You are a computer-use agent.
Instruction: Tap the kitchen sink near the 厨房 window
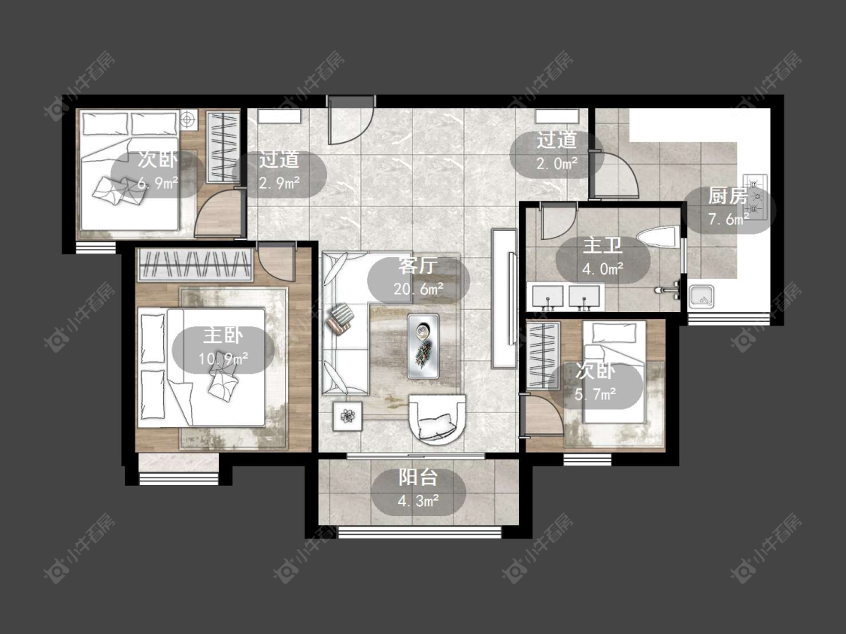tap(702, 297)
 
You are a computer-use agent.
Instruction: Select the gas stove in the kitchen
tap(755, 197)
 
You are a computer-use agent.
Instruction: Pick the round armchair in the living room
tap(437, 419)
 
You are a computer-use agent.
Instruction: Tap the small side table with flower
tap(347, 416)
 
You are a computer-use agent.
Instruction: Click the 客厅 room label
tap(417, 266)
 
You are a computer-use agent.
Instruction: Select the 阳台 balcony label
tap(418, 477)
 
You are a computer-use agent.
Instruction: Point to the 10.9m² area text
tap(223, 358)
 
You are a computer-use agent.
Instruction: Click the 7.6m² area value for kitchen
tap(729, 219)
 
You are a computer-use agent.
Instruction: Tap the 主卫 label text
tap(602, 246)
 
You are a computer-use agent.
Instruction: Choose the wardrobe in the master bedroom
tap(196, 265)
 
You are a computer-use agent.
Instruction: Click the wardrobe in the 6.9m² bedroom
tap(223, 147)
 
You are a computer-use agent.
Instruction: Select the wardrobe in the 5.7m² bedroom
tap(543, 355)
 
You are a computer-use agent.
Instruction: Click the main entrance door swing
tap(350, 121)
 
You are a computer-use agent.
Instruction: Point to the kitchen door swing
tap(614, 174)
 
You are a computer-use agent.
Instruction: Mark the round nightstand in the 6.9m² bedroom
tap(188, 120)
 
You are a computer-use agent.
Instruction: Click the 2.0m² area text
tap(556, 163)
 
